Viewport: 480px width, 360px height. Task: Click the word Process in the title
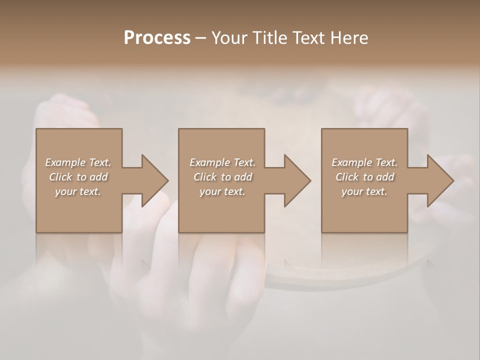click(x=157, y=38)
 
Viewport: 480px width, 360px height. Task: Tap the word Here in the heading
click(x=348, y=38)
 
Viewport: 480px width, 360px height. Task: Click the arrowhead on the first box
click(x=153, y=180)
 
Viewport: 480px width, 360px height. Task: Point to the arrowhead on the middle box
click(x=296, y=180)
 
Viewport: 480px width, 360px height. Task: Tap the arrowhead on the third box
click(x=439, y=180)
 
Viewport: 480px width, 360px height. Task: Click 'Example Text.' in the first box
click(x=78, y=162)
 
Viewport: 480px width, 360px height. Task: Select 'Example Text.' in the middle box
click(x=222, y=162)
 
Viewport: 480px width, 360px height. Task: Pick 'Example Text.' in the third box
click(x=364, y=162)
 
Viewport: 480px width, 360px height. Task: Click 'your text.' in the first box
click(x=78, y=191)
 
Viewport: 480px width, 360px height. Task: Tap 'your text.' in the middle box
click(x=222, y=191)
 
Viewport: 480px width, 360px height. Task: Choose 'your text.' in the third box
click(x=364, y=191)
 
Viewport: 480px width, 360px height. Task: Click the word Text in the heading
click(x=308, y=38)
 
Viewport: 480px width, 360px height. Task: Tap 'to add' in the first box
click(x=92, y=177)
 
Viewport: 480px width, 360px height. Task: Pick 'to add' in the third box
click(x=379, y=177)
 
